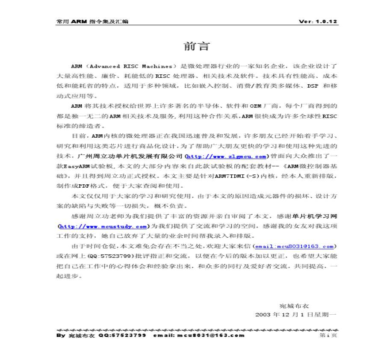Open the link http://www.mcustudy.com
(x=103, y=226)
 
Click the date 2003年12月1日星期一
(x=296, y=315)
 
